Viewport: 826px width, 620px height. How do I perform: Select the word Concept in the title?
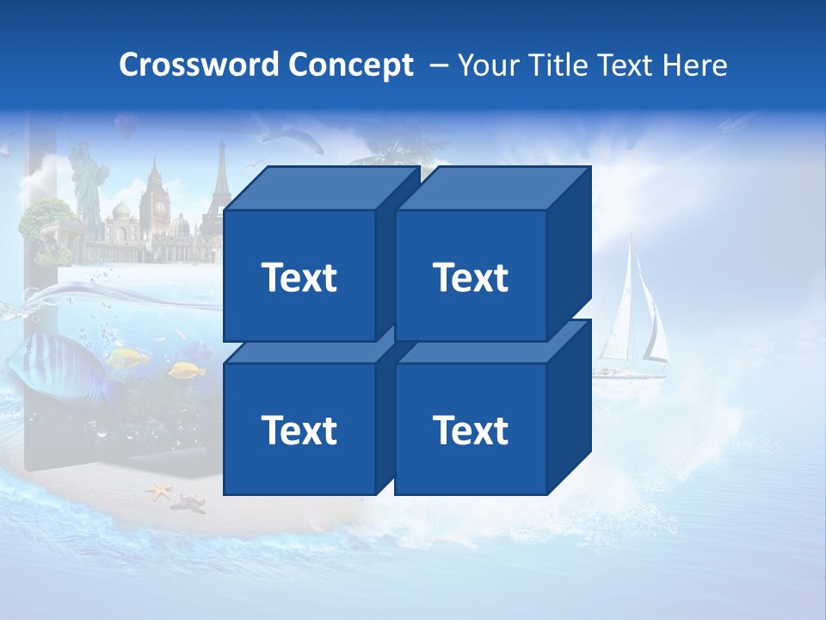tap(350, 65)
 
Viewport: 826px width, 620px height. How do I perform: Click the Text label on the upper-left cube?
tap(299, 277)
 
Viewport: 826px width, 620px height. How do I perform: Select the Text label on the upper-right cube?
tap(470, 277)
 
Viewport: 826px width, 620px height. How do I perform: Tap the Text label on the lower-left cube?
tap(299, 430)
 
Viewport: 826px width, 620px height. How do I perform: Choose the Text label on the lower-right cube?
tap(470, 430)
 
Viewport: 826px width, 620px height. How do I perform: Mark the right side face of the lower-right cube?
tap(570, 405)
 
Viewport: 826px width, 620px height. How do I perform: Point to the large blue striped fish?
tap(60, 366)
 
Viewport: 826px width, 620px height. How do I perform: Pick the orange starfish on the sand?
tap(159, 493)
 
